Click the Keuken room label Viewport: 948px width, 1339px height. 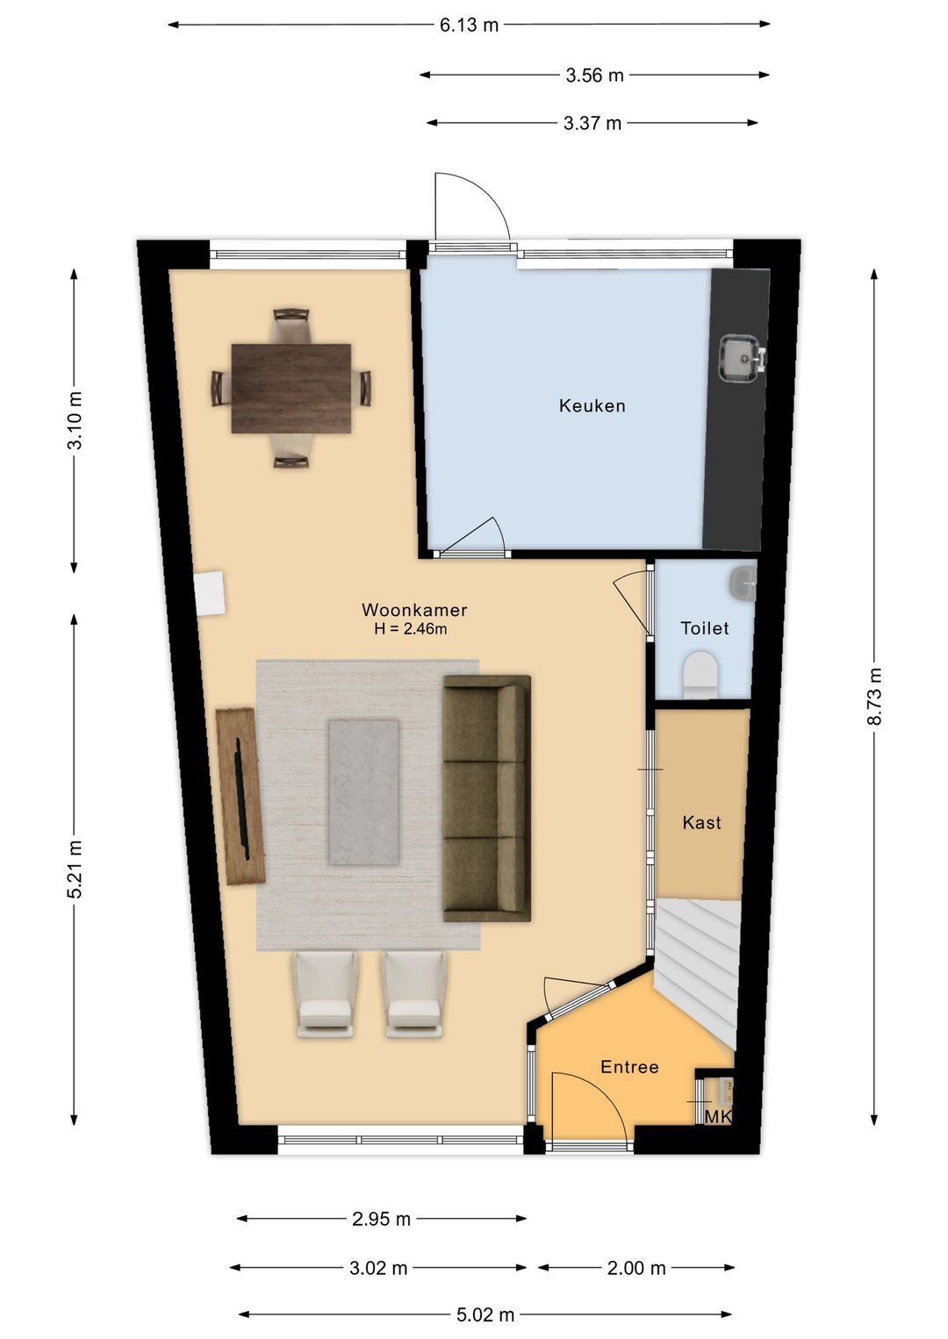click(x=592, y=406)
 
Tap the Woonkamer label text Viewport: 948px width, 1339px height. click(x=414, y=610)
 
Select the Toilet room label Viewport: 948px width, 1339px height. click(x=705, y=628)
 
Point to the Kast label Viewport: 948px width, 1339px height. click(x=701, y=822)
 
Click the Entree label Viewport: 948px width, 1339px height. click(x=630, y=1067)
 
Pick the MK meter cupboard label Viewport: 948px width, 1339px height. click(x=718, y=1117)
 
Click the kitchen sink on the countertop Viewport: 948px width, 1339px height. click(x=742, y=358)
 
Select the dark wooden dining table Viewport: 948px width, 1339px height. click(x=291, y=388)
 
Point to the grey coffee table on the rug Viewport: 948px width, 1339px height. click(x=363, y=792)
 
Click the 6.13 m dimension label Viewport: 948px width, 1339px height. click(x=469, y=25)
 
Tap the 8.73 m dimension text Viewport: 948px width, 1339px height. click(x=874, y=697)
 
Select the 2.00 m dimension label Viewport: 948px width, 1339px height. click(x=636, y=1267)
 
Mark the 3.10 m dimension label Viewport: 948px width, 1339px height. click(x=75, y=420)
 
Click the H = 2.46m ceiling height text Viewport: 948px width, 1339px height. click(x=411, y=629)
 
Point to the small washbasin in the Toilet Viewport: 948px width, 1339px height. click(x=743, y=582)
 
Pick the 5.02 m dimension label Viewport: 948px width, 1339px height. click(x=485, y=1314)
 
